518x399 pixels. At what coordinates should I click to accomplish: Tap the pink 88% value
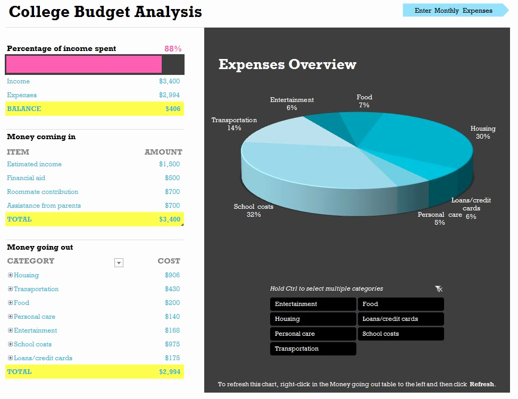tap(173, 49)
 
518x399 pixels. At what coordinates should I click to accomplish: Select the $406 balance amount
tap(173, 108)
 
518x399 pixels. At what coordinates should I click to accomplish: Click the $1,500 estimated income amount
tap(169, 164)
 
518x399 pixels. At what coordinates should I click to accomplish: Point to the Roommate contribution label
tap(43, 192)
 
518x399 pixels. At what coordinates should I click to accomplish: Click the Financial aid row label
tap(26, 178)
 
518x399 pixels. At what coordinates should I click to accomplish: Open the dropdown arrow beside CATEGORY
tap(119, 262)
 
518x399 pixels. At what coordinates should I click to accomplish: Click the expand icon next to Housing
tap(10, 275)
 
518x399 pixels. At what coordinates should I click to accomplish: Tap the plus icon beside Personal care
tap(10, 317)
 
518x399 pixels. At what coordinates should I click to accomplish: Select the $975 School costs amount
tap(172, 344)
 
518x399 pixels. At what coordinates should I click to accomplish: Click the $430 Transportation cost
tap(172, 289)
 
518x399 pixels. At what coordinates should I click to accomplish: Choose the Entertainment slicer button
tap(313, 304)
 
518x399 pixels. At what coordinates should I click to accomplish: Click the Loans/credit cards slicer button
tap(400, 319)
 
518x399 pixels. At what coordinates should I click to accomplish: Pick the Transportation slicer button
tap(313, 349)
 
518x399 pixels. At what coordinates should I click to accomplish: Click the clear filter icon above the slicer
tap(439, 289)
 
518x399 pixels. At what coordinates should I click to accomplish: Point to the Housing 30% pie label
tap(483, 132)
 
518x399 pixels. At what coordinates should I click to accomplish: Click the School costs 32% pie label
tap(253, 210)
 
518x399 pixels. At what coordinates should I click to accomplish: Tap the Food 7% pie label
tap(364, 101)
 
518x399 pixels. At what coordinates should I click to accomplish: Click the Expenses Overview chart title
tap(287, 64)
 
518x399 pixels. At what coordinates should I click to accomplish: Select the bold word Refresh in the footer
tap(482, 384)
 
